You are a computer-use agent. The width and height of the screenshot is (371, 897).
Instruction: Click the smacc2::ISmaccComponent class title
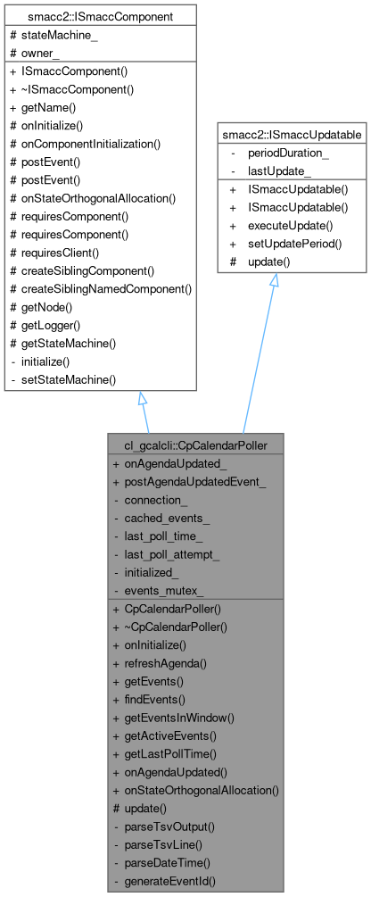click(x=99, y=16)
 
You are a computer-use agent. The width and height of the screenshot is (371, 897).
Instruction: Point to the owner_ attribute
click(x=41, y=51)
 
